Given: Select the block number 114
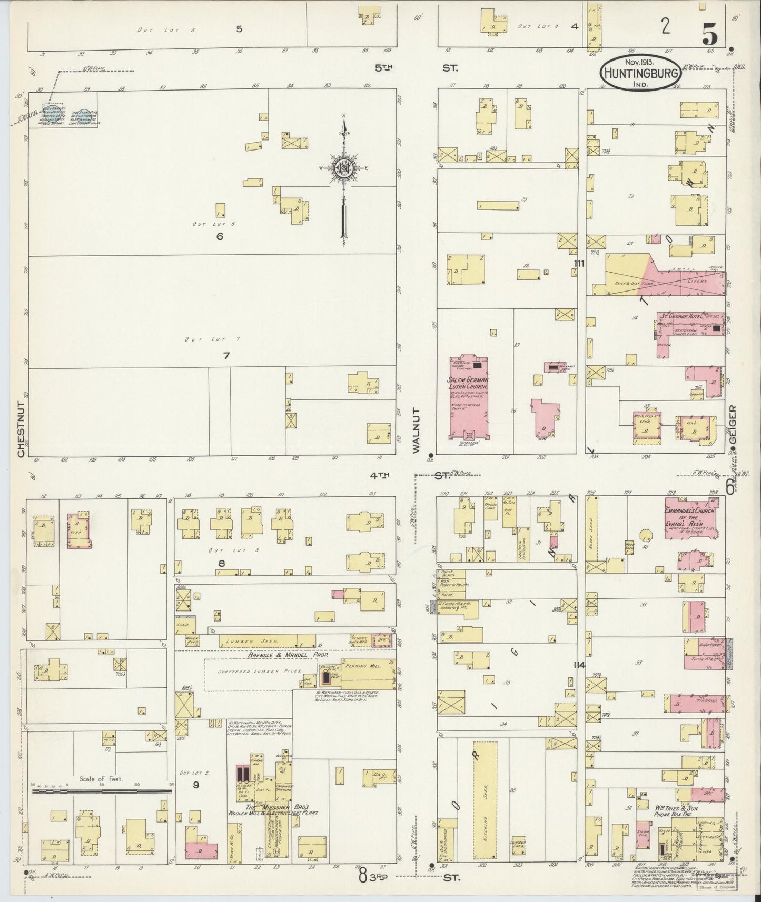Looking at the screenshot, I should (x=579, y=665).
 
